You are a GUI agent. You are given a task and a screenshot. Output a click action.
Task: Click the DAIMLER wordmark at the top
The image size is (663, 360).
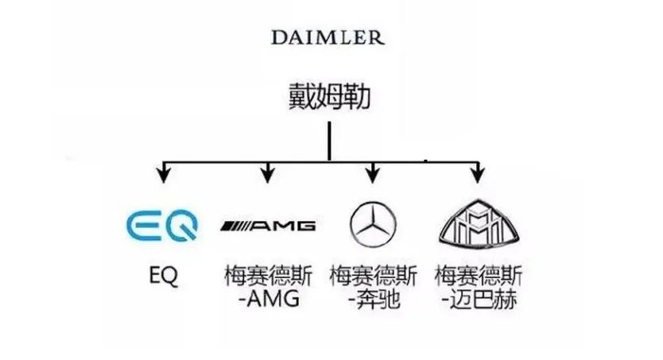[328, 37]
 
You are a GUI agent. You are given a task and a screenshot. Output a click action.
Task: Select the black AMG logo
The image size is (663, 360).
[268, 226]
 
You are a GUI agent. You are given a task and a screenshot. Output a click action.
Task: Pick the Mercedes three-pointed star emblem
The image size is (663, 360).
[373, 223]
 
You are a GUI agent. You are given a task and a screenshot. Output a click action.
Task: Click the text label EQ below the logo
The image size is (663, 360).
[163, 276]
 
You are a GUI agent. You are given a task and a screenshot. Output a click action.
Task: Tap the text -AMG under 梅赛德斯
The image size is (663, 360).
[268, 300]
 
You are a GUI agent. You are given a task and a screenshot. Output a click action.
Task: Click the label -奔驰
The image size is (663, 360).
[373, 300]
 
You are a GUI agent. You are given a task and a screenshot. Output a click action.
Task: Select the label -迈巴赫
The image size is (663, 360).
[477, 300]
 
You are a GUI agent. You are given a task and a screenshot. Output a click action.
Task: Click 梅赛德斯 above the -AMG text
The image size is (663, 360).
[268, 276]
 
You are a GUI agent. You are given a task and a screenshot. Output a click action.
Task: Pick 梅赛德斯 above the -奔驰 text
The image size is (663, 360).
[373, 276]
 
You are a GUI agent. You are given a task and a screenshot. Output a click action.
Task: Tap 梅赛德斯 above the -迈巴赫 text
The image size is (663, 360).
[478, 276]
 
